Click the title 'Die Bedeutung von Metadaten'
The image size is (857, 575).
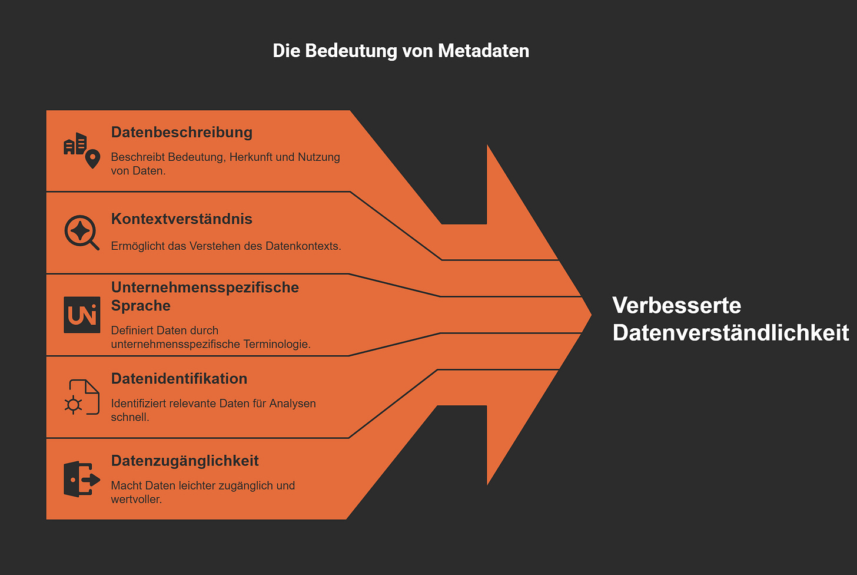[401, 51]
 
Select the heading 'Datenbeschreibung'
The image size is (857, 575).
[181, 132]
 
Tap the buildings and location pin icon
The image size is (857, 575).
[82, 150]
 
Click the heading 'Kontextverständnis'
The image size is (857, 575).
[181, 219]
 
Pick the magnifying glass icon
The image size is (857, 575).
[81, 232]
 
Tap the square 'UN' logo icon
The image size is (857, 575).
[82, 315]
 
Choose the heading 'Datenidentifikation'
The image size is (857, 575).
[179, 379]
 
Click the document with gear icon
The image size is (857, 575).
[82, 397]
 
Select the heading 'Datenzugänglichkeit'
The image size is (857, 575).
[185, 461]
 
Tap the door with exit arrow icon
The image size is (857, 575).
[81, 479]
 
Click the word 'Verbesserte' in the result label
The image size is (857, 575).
[676, 306]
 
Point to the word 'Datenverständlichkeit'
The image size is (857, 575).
[730, 333]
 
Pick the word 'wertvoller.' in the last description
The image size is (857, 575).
[136, 500]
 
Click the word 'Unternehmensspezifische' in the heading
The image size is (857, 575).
[205, 287]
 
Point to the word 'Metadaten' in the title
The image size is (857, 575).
[483, 51]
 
